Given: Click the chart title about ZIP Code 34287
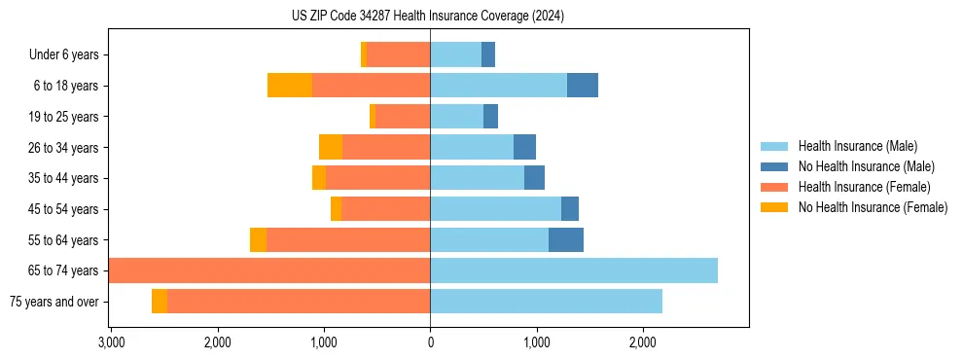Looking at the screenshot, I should (x=428, y=17).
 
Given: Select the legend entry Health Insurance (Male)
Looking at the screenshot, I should (x=857, y=147).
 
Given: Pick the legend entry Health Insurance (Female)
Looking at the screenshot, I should (x=864, y=187).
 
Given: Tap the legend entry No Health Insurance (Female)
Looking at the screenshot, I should (x=873, y=207).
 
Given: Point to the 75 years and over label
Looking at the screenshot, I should (x=54, y=302).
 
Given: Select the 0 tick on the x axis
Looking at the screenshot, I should (x=430, y=342).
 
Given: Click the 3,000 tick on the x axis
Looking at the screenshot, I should (x=111, y=342).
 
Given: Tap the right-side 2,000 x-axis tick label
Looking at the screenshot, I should (x=642, y=342).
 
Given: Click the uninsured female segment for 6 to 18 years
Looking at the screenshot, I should (x=290, y=86).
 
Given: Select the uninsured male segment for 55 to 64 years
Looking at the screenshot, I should (x=566, y=240).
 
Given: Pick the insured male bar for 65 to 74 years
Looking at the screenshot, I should (x=574, y=270).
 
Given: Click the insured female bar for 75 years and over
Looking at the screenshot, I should (x=299, y=302).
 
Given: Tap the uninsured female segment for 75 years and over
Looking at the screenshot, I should (x=160, y=302).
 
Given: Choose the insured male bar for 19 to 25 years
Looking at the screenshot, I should (x=456, y=117).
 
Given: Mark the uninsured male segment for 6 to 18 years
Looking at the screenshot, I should (x=583, y=86).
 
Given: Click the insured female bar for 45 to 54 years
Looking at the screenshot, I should (x=385, y=209).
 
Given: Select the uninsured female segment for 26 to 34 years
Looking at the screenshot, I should (x=331, y=148).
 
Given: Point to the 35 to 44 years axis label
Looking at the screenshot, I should (x=63, y=178).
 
